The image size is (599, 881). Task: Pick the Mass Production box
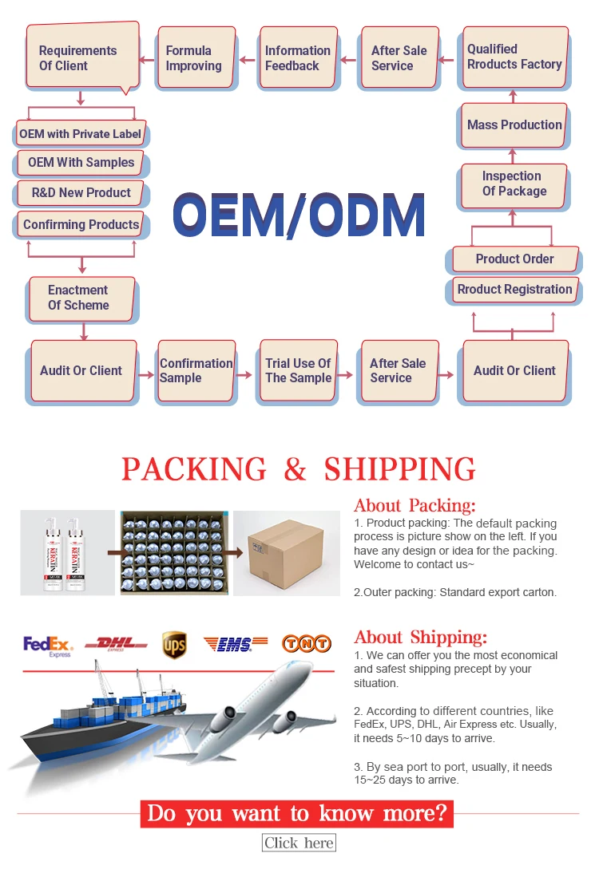(x=514, y=125)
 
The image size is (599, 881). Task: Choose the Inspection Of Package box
(x=514, y=184)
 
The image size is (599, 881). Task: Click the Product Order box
(x=514, y=259)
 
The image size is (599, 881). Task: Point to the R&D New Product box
(x=81, y=193)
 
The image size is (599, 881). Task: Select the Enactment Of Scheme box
(x=81, y=298)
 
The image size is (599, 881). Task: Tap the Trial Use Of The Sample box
(x=297, y=370)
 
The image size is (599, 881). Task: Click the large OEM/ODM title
(x=299, y=215)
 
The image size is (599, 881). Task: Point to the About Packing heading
(x=415, y=505)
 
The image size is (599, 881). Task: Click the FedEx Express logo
(x=48, y=645)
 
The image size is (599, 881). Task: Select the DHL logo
(x=117, y=643)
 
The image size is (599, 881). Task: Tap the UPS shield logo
(x=174, y=645)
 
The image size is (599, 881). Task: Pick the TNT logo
(x=307, y=643)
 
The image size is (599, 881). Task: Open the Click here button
(x=299, y=843)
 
